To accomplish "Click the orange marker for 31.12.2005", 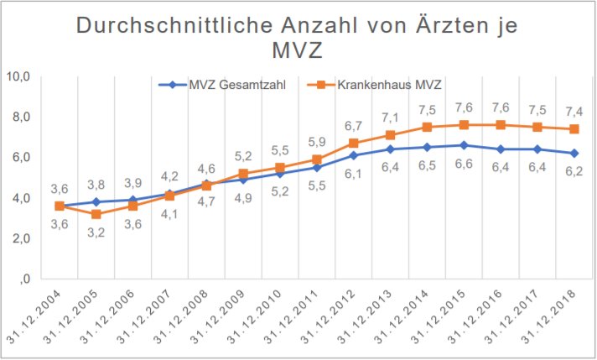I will pyautogui.click(x=96, y=214).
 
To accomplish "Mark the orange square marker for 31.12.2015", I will pyautogui.click(x=463, y=125).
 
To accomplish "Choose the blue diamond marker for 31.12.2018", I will pyautogui.click(x=573, y=153).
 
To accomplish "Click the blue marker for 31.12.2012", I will pyautogui.click(x=353, y=155).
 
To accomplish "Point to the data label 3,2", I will pyautogui.click(x=96, y=231).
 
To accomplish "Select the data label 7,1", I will pyautogui.click(x=389, y=117).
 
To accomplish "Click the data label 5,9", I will pyautogui.click(x=315, y=143).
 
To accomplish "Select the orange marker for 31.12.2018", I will pyautogui.click(x=573, y=129).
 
